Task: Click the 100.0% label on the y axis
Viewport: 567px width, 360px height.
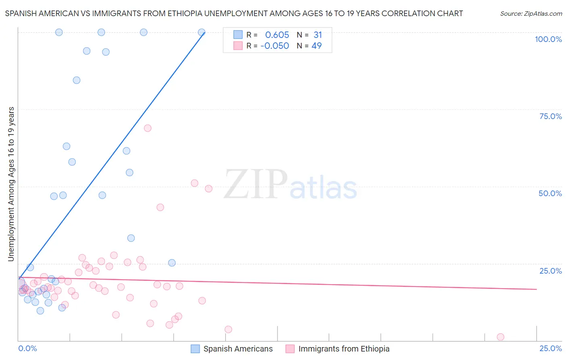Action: pyautogui.click(x=548, y=39)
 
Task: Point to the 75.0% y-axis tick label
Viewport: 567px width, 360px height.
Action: pyautogui.click(x=550, y=116)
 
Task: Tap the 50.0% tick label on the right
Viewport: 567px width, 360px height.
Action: pyautogui.click(x=550, y=193)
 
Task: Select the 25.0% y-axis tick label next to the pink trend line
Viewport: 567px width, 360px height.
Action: pyautogui.click(x=550, y=271)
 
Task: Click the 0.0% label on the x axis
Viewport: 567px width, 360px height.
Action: pyautogui.click(x=27, y=348)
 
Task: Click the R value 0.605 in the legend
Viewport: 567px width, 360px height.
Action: pyautogui.click(x=277, y=35)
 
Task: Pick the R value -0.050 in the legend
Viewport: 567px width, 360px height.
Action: pyautogui.click(x=275, y=46)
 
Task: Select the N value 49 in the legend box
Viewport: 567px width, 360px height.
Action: pyautogui.click(x=317, y=46)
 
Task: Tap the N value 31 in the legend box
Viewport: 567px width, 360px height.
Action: pyautogui.click(x=318, y=35)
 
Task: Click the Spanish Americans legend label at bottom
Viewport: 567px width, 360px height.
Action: pyautogui.click(x=238, y=349)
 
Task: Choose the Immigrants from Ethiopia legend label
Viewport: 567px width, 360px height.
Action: pyautogui.click(x=344, y=349)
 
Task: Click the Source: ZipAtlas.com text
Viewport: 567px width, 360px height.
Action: pyautogui.click(x=531, y=14)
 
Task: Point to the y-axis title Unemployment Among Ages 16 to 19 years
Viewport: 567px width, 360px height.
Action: pyautogui.click(x=11, y=184)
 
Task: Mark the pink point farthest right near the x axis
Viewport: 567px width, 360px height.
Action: pyautogui.click(x=500, y=337)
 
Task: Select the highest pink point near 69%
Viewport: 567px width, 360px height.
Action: pyautogui.click(x=148, y=128)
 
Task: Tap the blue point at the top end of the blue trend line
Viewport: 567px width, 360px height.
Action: pyautogui.click(x=202, y=32)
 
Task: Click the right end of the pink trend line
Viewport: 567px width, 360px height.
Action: pyautogui.click(x=536, y=289)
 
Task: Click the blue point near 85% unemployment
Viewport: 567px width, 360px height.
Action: pyautogui.click(x=77, y=80)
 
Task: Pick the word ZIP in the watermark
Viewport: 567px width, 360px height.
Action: pyautogui.click(x=255, y=185)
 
